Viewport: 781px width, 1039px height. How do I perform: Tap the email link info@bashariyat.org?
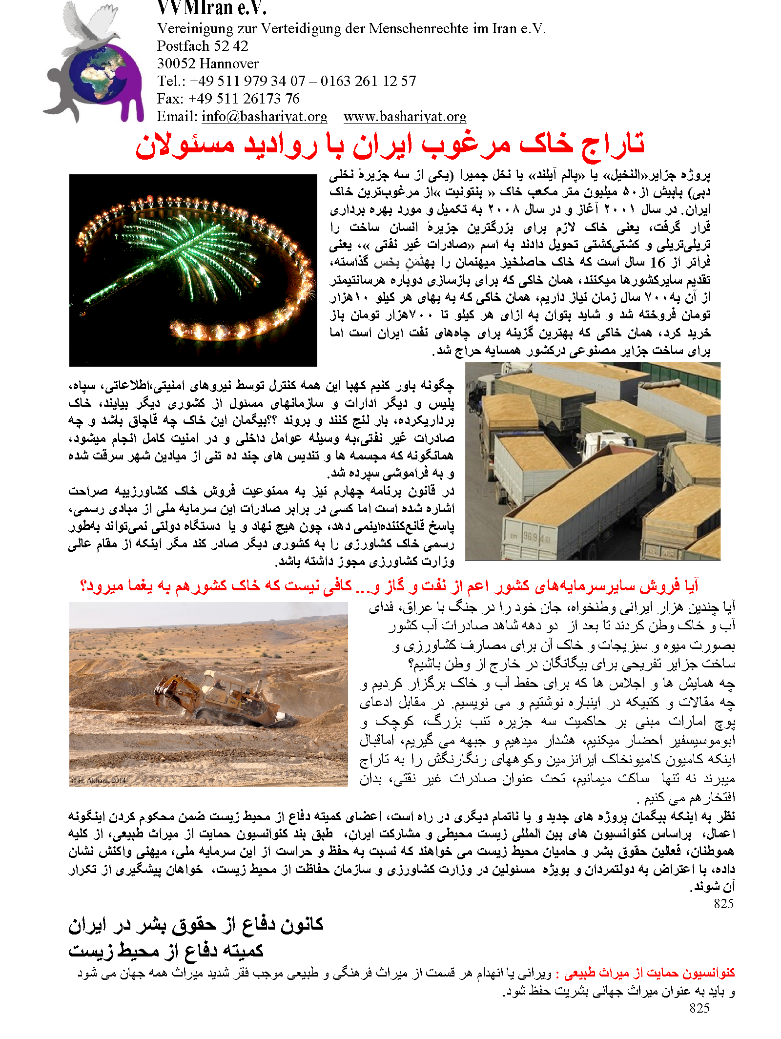point(264,117)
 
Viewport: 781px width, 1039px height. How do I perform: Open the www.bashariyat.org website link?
point(405,117)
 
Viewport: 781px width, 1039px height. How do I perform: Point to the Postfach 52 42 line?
point(202,46)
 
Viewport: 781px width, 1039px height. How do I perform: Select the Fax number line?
point(228,99)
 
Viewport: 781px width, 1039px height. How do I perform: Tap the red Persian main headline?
point(390,145)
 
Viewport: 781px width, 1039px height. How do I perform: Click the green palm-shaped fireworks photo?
point(193,270)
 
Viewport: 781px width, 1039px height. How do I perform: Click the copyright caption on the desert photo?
point(98,780)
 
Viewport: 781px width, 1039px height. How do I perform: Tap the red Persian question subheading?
point(389,585)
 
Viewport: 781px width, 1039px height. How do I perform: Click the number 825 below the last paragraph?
point(723,904)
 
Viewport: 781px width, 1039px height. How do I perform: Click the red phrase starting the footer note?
point(649,973)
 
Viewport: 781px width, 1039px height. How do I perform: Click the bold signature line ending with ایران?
point(196,924)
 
